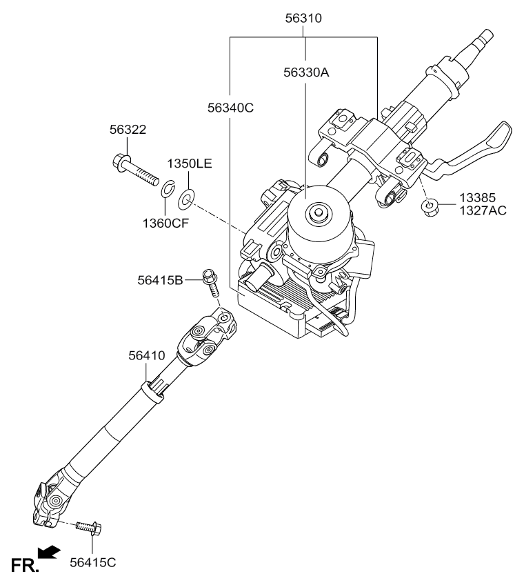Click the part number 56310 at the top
(x=303, y=18)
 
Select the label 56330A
(x=306, y=72)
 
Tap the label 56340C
(x=230, y=108)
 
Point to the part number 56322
(x=128, y=130)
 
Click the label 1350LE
(x=189, y=163)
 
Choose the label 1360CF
(x=165, y=223)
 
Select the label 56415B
(x=161, y=280)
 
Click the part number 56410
(x=147, y=355)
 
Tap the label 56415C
(x=93, y=562)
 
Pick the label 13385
(x=477, y=198)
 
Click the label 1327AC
(x=483, y=211)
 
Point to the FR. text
(x=25, y=566)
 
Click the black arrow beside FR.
(x=49, y=552)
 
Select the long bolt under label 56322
(x=135, y=170)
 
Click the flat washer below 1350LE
(x=185, y=200)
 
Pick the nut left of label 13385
(x=430, y=207)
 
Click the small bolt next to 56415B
(x=210, y=282)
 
